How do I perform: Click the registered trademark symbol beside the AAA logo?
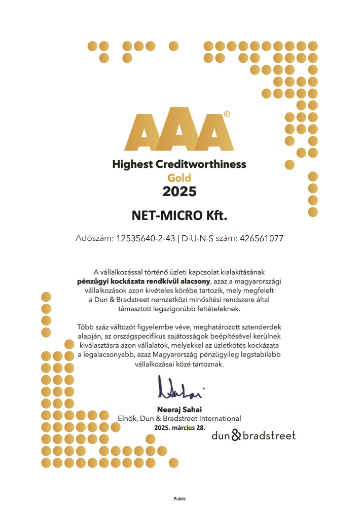click(227, 115)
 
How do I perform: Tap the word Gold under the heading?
click(179, 178)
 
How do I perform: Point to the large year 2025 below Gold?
click(179, 192)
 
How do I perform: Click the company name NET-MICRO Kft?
click(179, 216)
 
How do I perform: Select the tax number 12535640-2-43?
click(145, 238)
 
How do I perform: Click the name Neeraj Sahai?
click(180, 409)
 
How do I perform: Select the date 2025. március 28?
click(180, 427)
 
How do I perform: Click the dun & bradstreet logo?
click(254, 435)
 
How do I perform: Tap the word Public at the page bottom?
click(180, 499)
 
